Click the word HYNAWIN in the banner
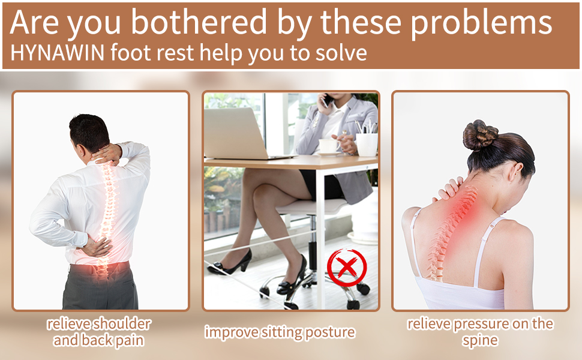point(58,52)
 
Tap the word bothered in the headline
point(199,22)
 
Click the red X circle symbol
point(347,268)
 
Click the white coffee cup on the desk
point(328,146)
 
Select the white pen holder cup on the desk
point(367,144)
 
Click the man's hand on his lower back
point(97,247)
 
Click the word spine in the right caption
point(480,340)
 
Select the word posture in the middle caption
point(329,332)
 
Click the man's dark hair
point(89,133)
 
